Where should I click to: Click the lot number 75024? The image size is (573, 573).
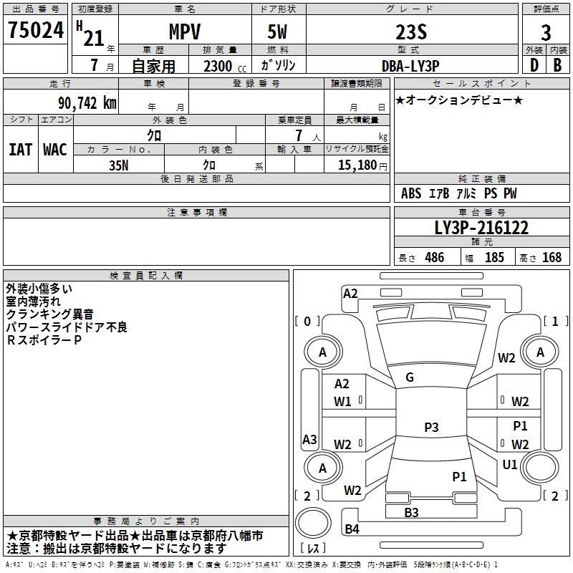[x=36, y=30]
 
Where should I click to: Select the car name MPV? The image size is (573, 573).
[x=185, y=32]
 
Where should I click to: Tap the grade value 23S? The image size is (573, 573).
[x=411, y=32]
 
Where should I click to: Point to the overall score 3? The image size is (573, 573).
[x=546, y=33]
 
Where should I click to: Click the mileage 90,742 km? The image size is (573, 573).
[x=87, y=103]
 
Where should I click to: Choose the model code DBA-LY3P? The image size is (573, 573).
[x=410, y=66]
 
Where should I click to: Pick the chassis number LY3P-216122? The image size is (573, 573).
[x=481, y=228]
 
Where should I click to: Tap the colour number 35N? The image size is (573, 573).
[x=119, y=165]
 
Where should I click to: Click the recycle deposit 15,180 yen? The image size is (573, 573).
[x=362, y=165]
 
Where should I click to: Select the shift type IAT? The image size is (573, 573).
[x=21, y=150]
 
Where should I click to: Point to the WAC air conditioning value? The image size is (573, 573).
[x=55, y=150]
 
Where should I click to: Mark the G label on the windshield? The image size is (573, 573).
[x=410, y=377]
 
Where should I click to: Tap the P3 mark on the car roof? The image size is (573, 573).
[x=431, y=427]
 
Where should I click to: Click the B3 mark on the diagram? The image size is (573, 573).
[x=411, y=512]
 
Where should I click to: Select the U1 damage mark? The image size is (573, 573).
[x=510, y=465]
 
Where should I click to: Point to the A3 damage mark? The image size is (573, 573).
[x=309, y=439]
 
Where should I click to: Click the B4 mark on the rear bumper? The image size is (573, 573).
[x=352, y=529]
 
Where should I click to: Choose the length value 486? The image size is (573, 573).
[x=435, y=257]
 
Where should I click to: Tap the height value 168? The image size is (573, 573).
[x=552, y=257]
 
